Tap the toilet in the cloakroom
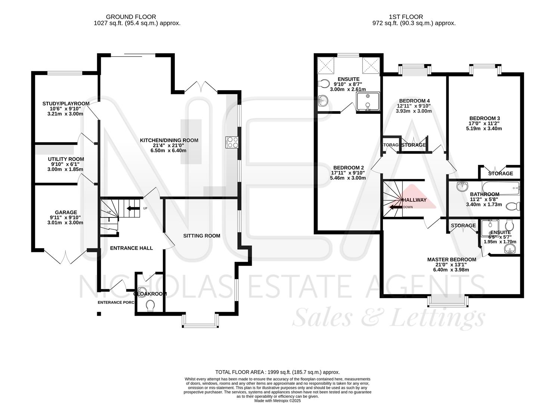click(151, 306)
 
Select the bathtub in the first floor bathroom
click(500, 187)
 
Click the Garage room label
click(66, 212)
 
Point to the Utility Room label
click(66, 159)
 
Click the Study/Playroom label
click(66, 103)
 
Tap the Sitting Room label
click(201, 236)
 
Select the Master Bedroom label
click(451, 259)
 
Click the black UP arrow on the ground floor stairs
click(133, 208)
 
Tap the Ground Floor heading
click(131, 17)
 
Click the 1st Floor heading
click(406, 17)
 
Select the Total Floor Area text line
click(277, 372)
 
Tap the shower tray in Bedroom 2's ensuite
click(368, 101)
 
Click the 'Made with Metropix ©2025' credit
click(277, 400)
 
